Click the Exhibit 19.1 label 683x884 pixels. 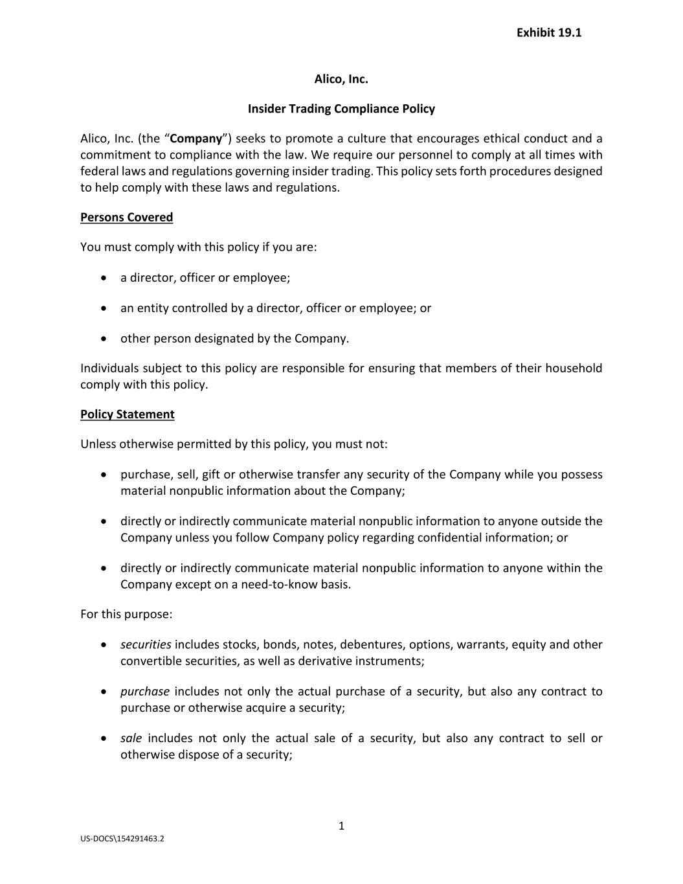tap(548, 33)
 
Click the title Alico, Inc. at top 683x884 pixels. tap(341, 80)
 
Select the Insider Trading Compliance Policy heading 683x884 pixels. tap(341, 109)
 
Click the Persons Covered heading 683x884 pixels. tap(126, 218)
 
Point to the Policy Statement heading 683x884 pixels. tap(127, 414)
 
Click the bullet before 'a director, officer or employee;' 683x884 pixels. tap(104, 278)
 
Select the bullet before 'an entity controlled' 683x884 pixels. tap(104, 308)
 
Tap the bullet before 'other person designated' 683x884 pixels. tap(104, 339)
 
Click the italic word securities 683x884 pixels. tap(146, 645)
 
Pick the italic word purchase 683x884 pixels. tap(145, 692)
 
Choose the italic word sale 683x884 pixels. tap(131, 738)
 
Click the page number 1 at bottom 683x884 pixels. tap(341, 826)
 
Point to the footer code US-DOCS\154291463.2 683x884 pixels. tap(122, 839)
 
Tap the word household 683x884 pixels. tap(574, 368)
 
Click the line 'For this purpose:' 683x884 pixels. tap(126, 614)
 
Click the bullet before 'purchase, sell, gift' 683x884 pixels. tap(104, 475)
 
